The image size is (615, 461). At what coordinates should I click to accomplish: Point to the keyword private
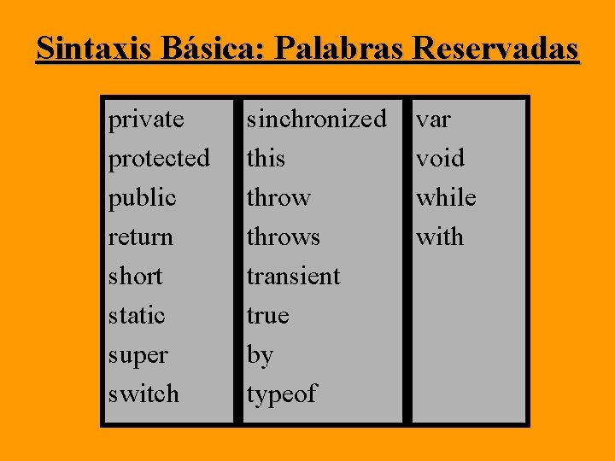(x=146, y=120)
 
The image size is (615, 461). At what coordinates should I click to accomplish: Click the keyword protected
(x=159, y=159)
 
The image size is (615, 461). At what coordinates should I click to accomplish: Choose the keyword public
(x=142, y=198)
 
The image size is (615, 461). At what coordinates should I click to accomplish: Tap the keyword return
(x=140, y=236)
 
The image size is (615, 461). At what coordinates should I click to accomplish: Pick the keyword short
(x=135, y=277)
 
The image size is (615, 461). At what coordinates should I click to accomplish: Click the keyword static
(x=137, y=316)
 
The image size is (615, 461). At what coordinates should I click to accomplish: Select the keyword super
(x=138, y=355)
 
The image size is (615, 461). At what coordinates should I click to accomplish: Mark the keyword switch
(x=143, y=394)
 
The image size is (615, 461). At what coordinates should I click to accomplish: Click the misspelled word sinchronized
(x=316, y=120)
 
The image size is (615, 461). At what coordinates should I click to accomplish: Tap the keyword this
(x=266, y=159)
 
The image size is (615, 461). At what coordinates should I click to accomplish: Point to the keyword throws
(x=283, y=236)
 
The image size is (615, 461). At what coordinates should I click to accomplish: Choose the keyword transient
(x=293, y=277)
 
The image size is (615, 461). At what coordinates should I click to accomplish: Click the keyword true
(x=267, y=316)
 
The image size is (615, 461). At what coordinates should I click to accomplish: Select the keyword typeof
(x=281, y=394)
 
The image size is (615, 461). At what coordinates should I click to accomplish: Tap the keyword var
(x=433, y=120)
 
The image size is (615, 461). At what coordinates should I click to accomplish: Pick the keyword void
(x=440, y=159)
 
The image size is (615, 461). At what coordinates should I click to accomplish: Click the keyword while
(x=446, y=198)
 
